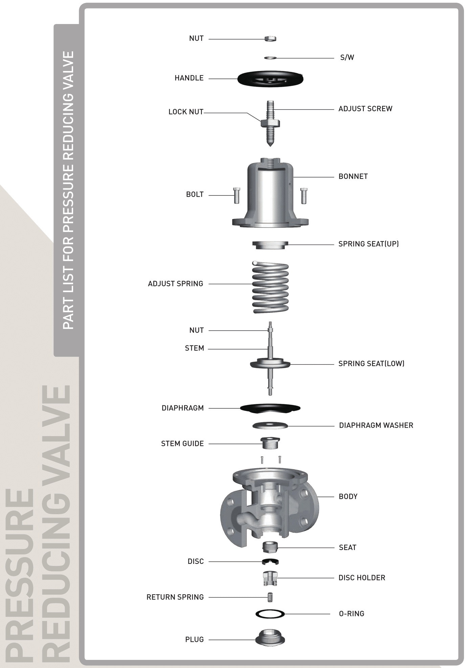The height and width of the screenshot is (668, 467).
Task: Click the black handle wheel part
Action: [x=270, y=79]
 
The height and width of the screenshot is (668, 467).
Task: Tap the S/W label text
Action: [x=347, y=57]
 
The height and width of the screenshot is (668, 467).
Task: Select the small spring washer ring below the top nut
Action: [x=270, y=58]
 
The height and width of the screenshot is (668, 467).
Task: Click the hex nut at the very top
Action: [x=270, y=39]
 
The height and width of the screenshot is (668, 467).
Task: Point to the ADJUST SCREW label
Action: [x=365, y=109]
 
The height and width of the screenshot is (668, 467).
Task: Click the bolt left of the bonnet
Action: [x=237, y=195]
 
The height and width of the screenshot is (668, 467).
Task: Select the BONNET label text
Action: [x=353, y=176]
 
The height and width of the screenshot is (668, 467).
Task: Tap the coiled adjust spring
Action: [x=270, y=287]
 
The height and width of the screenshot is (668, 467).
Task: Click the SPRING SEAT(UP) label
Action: [x=369, y=244]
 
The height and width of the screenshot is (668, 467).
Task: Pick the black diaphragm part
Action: [x=270, y=408]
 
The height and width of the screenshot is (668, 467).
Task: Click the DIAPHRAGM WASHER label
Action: [x=376, y=425]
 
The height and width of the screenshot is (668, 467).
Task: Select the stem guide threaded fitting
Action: [x=270, y=443]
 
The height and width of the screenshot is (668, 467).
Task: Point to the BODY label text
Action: [x=348, y=497]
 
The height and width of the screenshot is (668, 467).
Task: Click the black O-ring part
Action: [x=270, y=614]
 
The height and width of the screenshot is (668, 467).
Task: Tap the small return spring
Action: [x=270, y=597]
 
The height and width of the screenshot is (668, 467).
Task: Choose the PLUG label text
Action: [x=194, y=640]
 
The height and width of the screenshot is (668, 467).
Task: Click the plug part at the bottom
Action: [x=270, y=638]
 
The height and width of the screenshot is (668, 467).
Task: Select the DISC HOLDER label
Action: [x=362, y=578]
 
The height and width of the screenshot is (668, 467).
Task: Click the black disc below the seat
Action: [x=270, y=562]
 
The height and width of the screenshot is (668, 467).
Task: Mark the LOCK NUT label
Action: [x=186, y=112]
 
